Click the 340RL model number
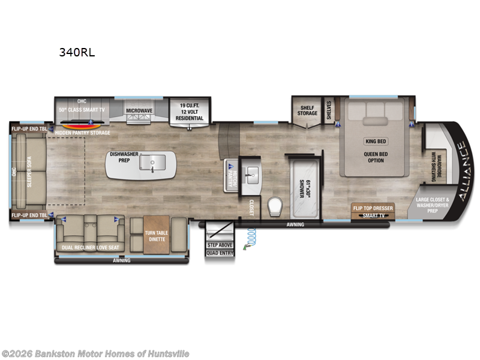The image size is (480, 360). (76, 52)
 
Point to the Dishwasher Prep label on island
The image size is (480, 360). (124, 158)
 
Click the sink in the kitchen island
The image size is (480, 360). (157, 162)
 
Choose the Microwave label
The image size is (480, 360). (139, 110)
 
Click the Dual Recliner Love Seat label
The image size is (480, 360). (88, 247)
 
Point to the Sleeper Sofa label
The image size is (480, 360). (29, 172)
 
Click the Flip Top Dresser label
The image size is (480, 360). (373, 208)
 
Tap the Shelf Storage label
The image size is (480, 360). (307, 110)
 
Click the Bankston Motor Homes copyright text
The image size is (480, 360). (95, 354)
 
